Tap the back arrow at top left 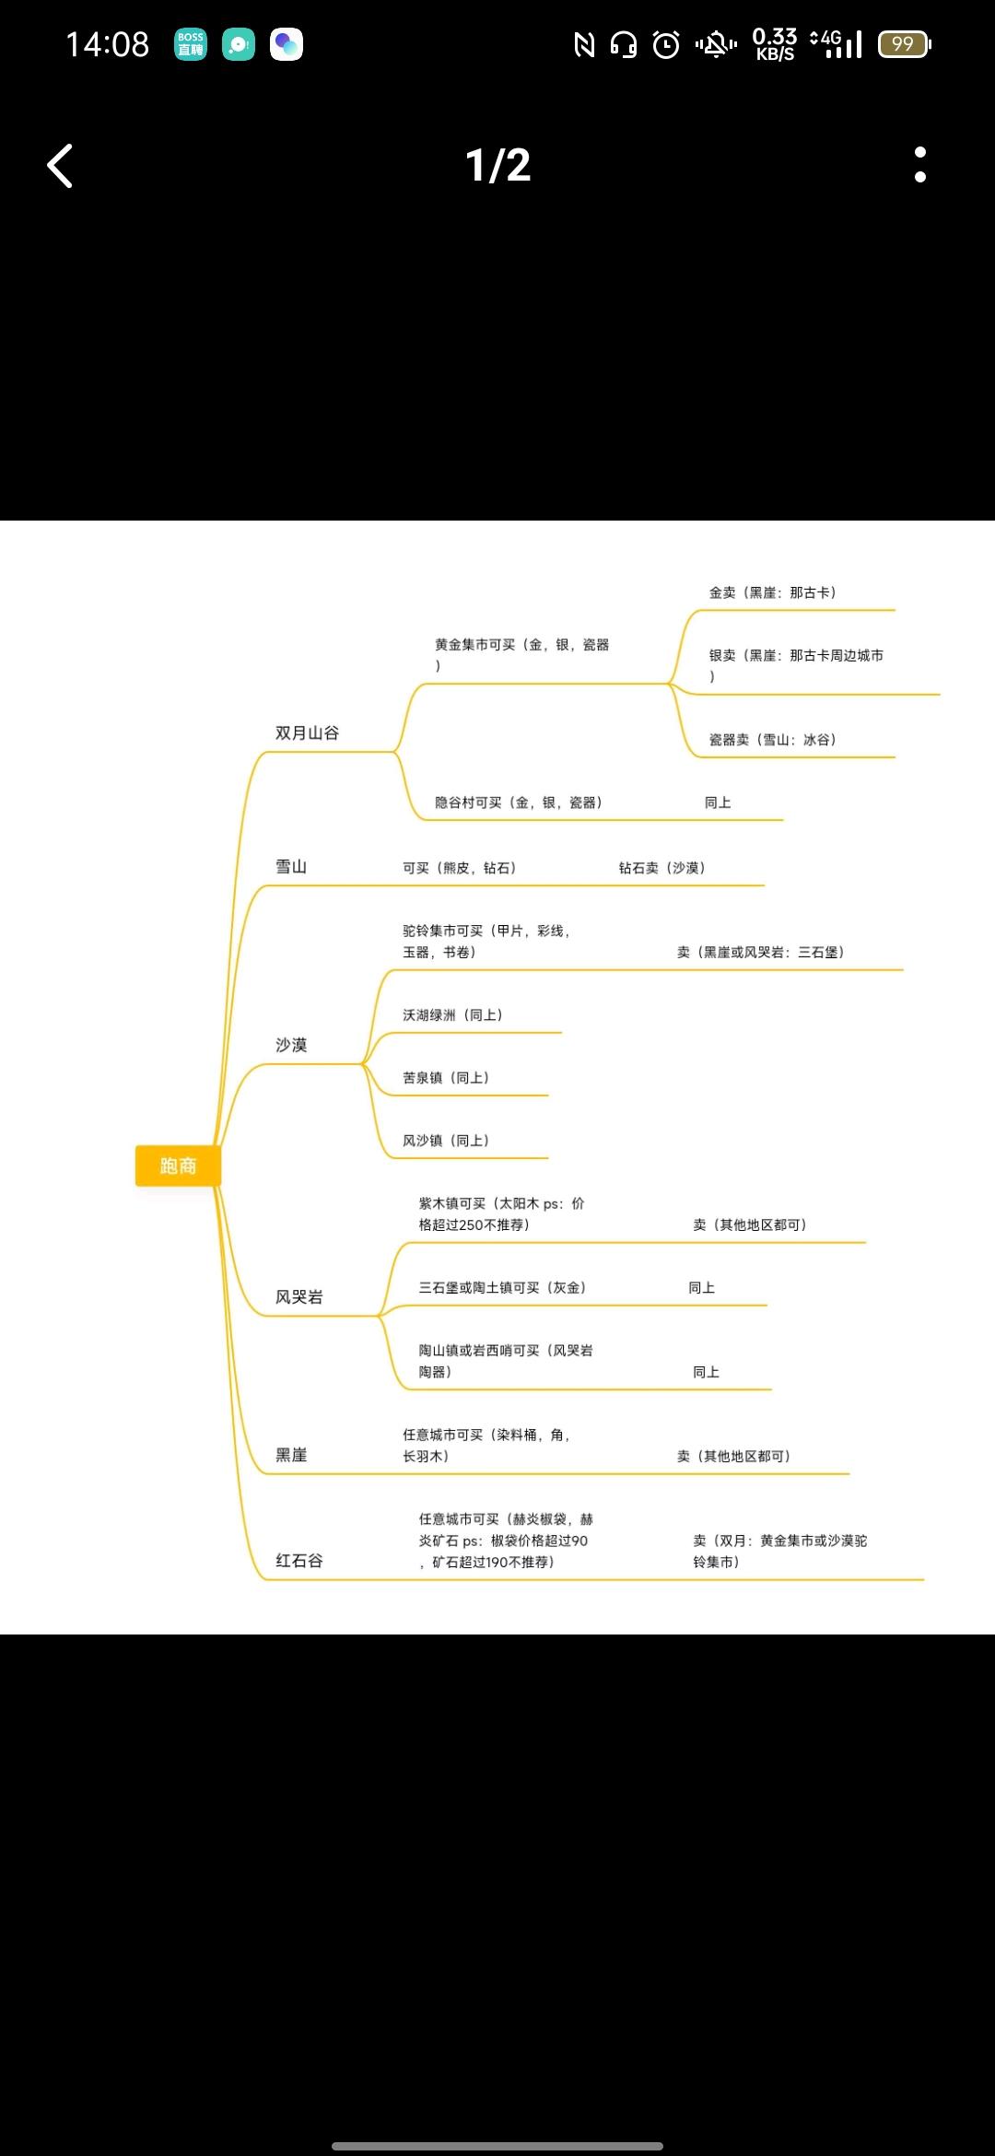(60, 166)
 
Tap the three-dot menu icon (919, 165)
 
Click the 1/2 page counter (497, 166)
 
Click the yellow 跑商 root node (178, 1166)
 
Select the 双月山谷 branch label (307, 733)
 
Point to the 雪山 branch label (291, 867)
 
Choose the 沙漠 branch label (291, 1045)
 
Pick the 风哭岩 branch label (299, 1297)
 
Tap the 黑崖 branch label (291, 1455)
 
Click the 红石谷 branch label (299, 1561)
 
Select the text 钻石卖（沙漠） (662, 868)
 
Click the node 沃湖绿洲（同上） (453, 1015)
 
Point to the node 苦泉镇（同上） (446, 1078)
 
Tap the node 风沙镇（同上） (446, 1141)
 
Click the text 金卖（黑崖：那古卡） (773, 592)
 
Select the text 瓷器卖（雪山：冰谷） (773, 740)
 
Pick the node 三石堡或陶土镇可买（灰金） (503, 1288)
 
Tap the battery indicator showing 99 (904, 44)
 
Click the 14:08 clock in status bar (108, 44)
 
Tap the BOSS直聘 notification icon (191, 44)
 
